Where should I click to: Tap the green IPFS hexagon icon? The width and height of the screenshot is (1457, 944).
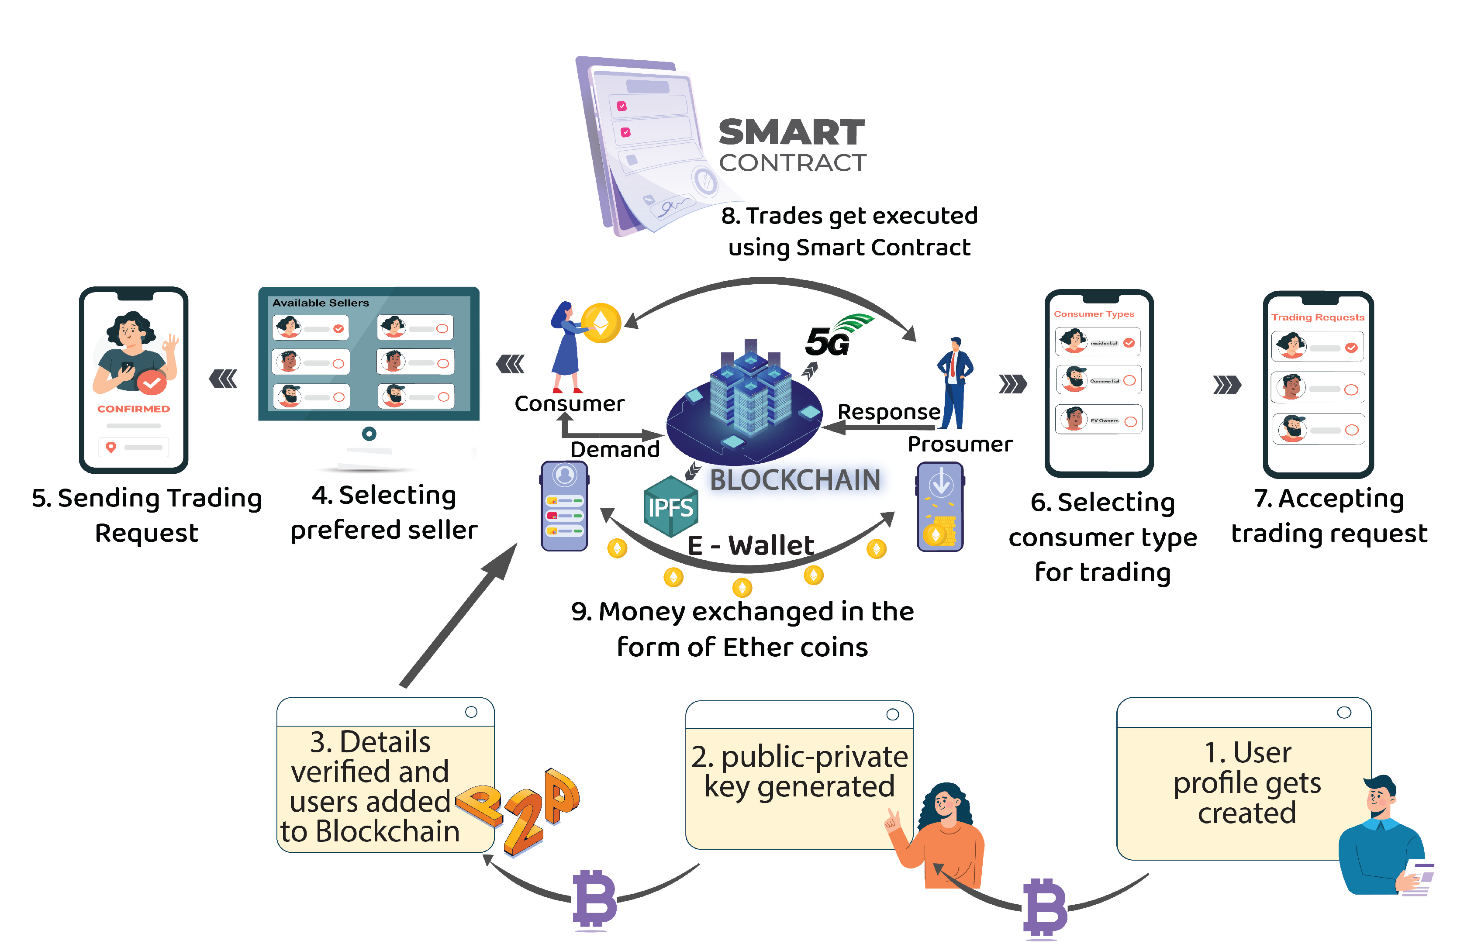click(x=670, y=507)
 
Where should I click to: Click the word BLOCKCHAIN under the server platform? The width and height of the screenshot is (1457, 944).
click(x=794, y=480)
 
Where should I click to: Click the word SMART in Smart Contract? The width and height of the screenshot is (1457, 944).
click(x=791, y=133)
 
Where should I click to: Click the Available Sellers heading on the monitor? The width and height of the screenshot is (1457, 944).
click(x=320, y=303)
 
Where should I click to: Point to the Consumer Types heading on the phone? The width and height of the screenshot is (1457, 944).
click(x=1094, y=314)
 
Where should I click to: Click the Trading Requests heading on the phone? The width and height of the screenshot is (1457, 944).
click(x=1317, y=317)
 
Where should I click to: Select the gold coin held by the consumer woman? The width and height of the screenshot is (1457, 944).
click(x=601, y=323)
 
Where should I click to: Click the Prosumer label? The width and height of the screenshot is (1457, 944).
click(x=959, y=444)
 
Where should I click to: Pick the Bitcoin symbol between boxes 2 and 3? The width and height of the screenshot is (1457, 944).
click(x=594, y=899)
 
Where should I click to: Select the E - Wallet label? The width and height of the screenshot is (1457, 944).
click(x=750, y=545)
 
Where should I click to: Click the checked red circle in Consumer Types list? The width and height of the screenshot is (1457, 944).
click(x=1129, y=343)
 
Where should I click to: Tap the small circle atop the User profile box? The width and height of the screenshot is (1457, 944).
click(x=1344, y=713)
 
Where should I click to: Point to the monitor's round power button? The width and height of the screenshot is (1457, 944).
click(x=369, y=434)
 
